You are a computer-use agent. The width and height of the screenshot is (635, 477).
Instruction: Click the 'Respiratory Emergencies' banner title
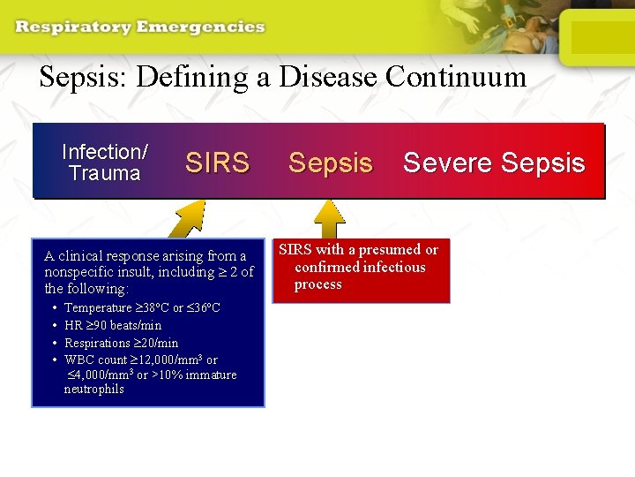(139, 26)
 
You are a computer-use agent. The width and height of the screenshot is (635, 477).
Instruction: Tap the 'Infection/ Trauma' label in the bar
(105, 163)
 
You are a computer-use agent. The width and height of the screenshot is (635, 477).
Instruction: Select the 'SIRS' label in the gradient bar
(217, 163)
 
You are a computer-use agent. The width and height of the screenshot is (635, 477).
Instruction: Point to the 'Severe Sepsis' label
(494, 163)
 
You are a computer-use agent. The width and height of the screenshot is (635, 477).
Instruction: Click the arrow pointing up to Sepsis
(328, 218)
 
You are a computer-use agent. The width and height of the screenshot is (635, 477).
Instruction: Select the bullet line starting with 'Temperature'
(142, 307)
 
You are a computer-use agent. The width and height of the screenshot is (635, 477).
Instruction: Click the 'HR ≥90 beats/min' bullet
(113, 325)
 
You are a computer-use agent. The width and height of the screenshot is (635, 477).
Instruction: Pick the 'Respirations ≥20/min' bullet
(121, 343)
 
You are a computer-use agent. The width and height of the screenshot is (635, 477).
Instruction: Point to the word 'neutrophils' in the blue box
(93, 389)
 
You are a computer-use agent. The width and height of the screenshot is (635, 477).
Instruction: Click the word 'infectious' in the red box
(392, 267)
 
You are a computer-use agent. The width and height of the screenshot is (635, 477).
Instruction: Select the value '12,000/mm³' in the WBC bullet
(168, 360)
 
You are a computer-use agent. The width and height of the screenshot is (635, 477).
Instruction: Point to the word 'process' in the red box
(317, 284)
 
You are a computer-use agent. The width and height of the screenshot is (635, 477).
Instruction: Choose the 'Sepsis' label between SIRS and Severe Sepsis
(331, 163)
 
